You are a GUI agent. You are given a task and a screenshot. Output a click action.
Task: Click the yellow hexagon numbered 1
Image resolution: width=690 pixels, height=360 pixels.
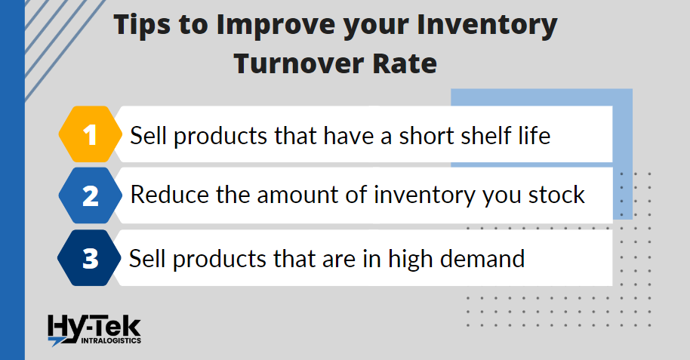pos(90,134)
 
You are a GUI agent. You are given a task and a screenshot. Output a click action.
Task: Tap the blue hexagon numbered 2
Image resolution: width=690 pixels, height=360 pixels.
pos(90,195)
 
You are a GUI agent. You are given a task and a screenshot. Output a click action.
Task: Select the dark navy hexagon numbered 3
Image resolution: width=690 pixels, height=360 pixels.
pos(89,258)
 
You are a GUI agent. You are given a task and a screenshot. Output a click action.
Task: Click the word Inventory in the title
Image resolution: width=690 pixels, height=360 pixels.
pos(487,26)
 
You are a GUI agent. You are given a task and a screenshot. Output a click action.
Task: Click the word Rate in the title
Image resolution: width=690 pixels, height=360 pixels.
pos(405,63)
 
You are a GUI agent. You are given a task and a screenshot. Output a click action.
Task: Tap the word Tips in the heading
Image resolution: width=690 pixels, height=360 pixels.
pos(142,26)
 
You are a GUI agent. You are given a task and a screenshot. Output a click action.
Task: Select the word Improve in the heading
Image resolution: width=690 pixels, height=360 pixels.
pos(276,26)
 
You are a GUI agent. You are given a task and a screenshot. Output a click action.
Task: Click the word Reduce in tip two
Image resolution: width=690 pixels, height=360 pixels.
pos(169,195)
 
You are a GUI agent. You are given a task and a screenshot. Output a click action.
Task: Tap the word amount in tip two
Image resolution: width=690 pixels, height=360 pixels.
pos(297,195)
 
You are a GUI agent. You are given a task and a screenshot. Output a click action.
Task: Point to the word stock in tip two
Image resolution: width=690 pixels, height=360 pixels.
pos(556,195)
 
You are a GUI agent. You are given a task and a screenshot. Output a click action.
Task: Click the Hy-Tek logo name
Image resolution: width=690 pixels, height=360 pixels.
pos(94,328)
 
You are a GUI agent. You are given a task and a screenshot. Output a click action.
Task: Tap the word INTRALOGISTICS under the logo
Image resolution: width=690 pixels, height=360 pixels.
pos(111,340)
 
